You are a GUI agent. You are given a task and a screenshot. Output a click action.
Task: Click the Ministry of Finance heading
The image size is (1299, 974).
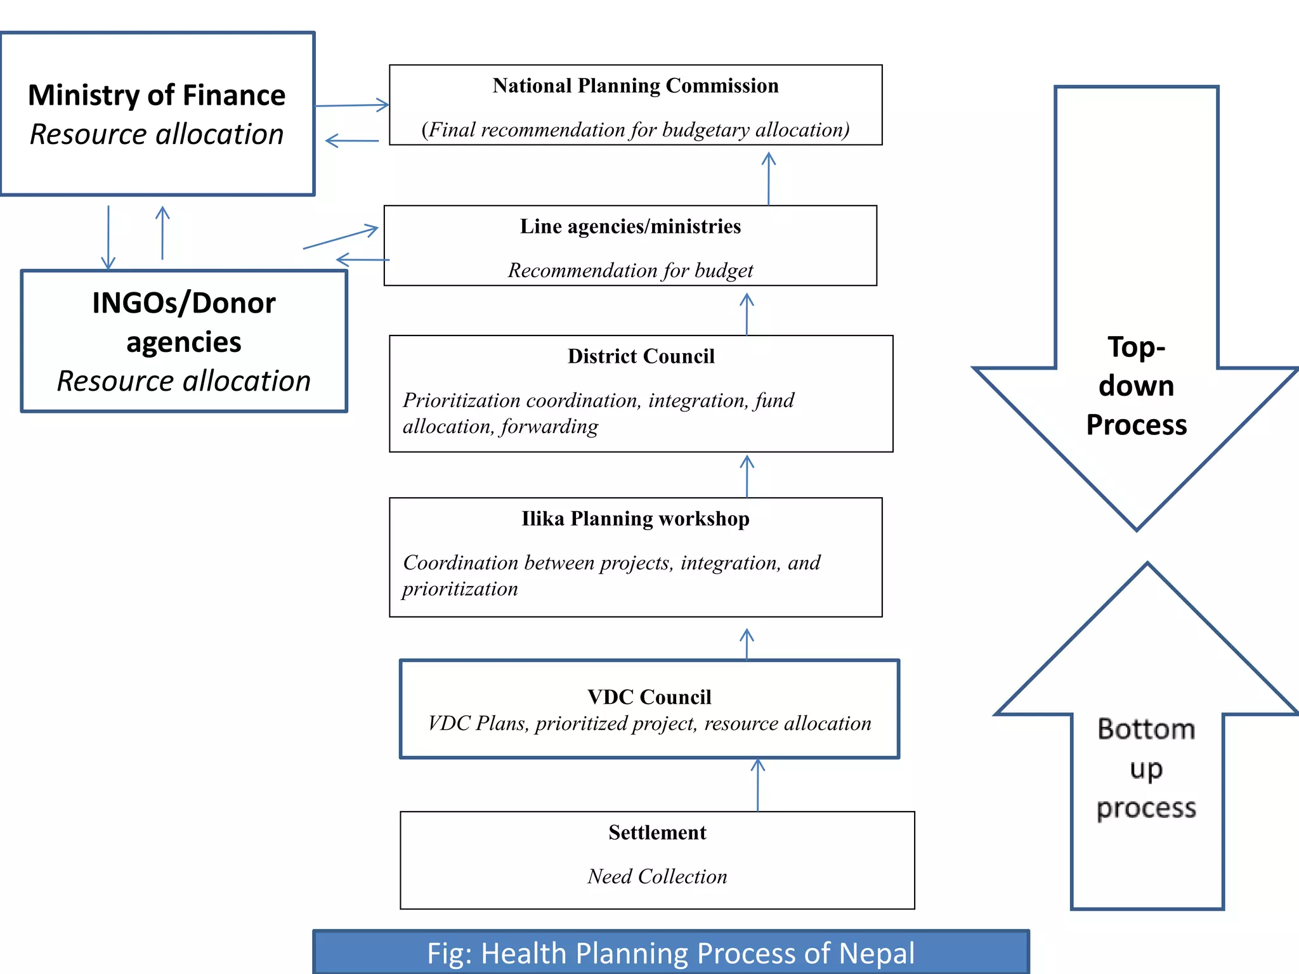click(x=157, y=95)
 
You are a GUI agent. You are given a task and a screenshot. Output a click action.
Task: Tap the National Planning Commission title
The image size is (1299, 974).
click(x=636, y=86)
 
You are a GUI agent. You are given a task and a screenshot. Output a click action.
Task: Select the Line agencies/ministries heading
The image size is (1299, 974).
click(x=630, y=226)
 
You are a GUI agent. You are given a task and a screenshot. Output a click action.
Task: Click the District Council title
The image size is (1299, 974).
click(x=641, y=356)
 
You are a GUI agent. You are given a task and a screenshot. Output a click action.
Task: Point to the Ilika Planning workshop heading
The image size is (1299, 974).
click(x=636, y=519)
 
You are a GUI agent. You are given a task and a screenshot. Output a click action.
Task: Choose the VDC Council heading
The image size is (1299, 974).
click(x=649, y=697)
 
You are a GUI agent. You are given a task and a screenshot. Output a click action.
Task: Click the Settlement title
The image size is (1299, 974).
click(x=657, y=832)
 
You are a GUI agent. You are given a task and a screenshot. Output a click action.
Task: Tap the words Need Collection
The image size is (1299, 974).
click(x=657, y=876)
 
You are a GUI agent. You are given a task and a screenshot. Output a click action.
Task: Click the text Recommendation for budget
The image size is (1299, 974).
click(x=630, y=271)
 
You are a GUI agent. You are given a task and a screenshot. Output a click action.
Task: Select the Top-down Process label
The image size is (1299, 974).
click(x=1136, y=386)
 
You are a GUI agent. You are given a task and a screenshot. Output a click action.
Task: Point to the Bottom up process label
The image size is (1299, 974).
click(x=1146, y=768)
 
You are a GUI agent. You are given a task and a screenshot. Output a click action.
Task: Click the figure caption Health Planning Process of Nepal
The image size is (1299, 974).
click(x=670, y=953)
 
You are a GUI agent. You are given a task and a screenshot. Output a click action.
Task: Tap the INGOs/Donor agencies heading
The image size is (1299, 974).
click(x=184, y=322)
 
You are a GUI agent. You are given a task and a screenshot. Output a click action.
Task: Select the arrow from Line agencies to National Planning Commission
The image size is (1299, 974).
click(x=769, y=178)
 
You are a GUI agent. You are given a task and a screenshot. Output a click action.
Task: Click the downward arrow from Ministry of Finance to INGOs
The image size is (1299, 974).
click(x=108, y=238)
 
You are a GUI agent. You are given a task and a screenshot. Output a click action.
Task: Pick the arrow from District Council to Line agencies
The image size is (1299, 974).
click(x=747, y=314)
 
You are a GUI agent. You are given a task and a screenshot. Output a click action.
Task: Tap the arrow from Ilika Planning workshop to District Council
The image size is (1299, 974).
click(x=747, y=476)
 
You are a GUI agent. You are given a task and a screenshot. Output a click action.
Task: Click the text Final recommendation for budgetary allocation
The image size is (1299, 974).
click(x=636, y=130)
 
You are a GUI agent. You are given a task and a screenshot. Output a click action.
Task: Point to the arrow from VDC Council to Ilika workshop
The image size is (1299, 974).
click(x=747, y=644)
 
